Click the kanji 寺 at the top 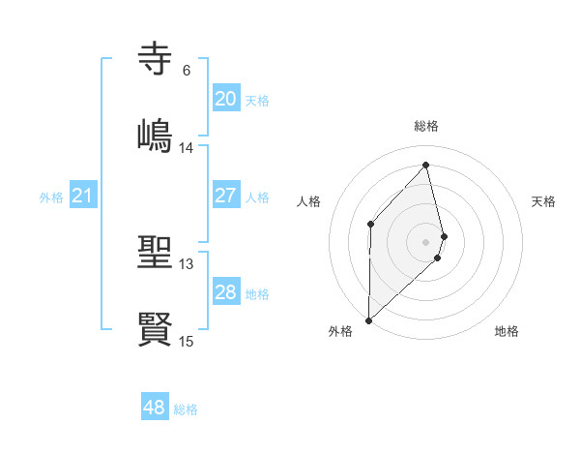click(156, 59)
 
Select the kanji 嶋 click(156, 134)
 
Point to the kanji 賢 click(156, 328)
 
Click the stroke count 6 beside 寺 click(187, 71)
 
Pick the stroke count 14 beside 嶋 click(187, 148)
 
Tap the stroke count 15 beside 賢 click(187, 341)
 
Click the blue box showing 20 click(225, 99)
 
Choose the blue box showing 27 click(225, 196)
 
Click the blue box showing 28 click(225, 292)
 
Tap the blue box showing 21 click(83, 197)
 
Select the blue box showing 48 click(155, 408)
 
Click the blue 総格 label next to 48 click(186, 409)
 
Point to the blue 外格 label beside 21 click(51, 197)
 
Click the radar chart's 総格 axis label click(426, 126)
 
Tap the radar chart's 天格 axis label click(544, 201)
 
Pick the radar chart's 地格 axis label click(507, 331)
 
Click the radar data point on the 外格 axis click(368, 319)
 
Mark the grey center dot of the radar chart click(426, 241)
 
